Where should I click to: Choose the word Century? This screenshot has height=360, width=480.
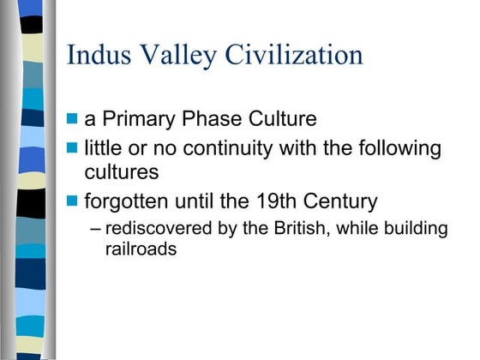[x=340, y=203]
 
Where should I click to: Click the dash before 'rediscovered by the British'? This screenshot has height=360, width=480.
[x=94, y=230]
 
